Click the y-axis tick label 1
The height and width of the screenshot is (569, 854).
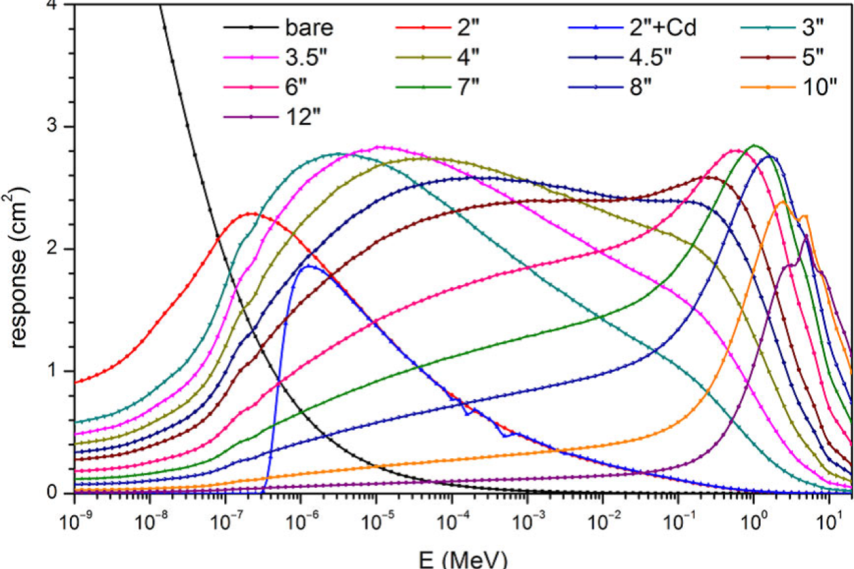(x=54, y=371)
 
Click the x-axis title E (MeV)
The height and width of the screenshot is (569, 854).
(x=463, y=558)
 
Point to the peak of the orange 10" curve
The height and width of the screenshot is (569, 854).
(x=783, y=201)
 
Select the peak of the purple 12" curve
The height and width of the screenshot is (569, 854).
(x=807, y=236)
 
